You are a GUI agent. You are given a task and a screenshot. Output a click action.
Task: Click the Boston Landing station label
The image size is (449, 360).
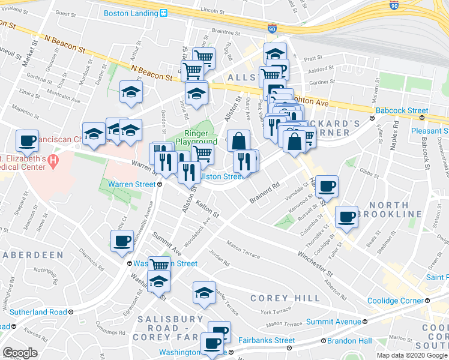131,13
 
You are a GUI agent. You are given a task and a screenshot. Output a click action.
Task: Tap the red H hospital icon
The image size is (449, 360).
53,161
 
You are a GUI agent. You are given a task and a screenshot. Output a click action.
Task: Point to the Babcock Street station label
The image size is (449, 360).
402,110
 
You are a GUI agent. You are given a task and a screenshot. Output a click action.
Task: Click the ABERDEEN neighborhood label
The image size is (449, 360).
32,255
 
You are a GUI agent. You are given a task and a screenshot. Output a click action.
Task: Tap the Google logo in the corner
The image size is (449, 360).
20,352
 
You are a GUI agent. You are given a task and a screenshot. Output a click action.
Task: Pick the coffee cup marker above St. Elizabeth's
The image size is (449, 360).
27,141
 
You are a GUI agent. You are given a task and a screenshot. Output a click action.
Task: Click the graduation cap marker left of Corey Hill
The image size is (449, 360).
204,293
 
